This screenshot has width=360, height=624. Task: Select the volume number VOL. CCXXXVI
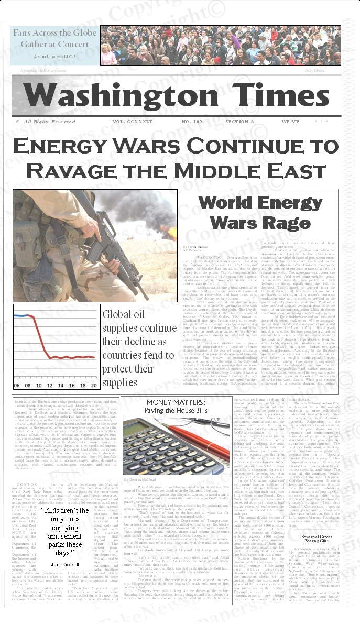[132, 122]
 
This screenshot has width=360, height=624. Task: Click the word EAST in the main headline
[301, 169]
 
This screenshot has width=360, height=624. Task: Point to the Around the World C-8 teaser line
[54, 56]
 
